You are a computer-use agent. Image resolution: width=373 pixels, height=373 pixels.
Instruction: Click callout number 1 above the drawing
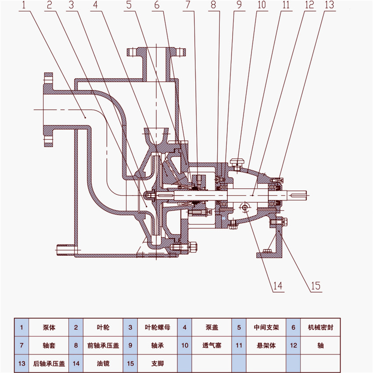pos(25,5)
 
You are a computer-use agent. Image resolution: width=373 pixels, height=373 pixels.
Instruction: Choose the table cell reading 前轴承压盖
pos(103,345)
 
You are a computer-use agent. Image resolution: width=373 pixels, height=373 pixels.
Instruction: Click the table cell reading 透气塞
pos(212,345)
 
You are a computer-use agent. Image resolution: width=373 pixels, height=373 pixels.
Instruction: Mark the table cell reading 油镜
pos(103,363)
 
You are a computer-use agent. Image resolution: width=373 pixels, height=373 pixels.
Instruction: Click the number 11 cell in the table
pos(238,345)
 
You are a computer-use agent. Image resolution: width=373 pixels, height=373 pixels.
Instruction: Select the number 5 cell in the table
pos(238,327)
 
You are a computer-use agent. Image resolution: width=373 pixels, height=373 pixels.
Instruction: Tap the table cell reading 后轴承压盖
pos(49,363)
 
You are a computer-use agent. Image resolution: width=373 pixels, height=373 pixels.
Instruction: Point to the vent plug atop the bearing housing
pos(238,164)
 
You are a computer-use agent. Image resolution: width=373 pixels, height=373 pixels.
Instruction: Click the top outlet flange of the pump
pos(156,52)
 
